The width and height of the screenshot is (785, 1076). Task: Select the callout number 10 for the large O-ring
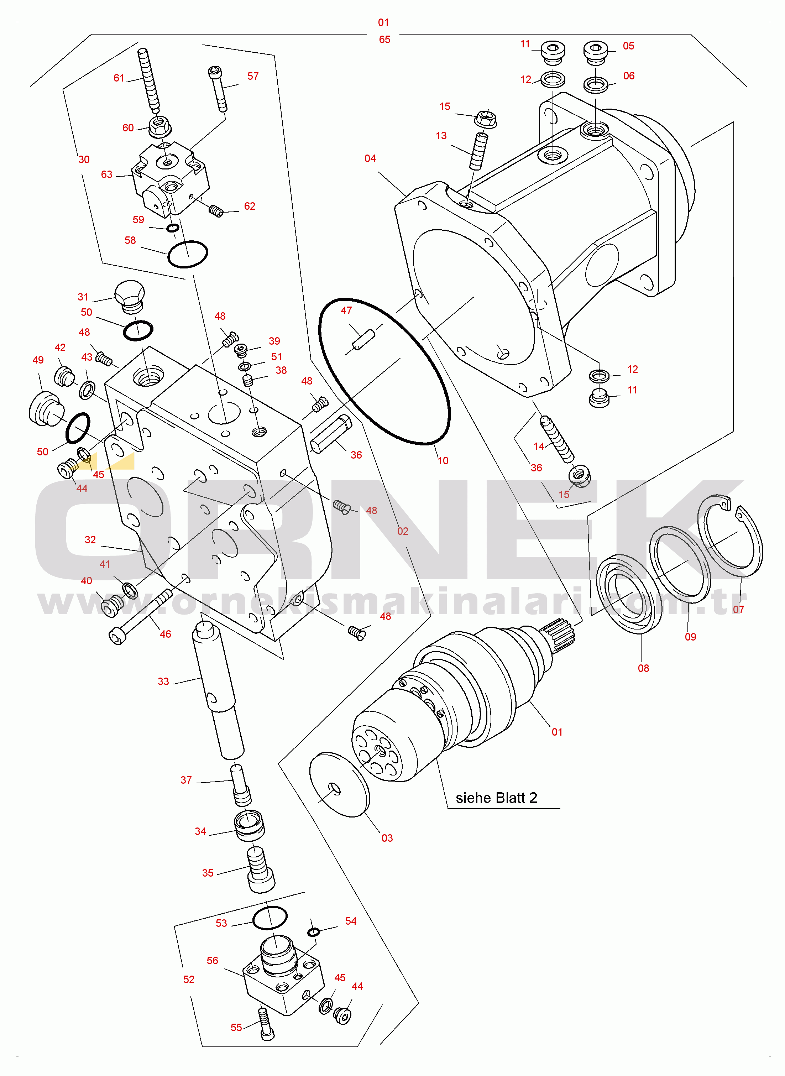pos(443,460)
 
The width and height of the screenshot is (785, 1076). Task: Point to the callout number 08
pos(643,668)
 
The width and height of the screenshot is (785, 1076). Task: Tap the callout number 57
pos(253,76)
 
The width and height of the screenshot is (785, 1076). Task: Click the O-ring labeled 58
pos(188,254)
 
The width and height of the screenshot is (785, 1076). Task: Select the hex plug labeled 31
pos(130,297)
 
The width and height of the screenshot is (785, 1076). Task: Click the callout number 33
pos(163,681)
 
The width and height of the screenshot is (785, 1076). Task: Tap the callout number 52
pos(189,980)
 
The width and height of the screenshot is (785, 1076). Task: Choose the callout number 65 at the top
pos(384,40)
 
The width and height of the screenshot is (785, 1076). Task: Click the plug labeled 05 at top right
pos(595,53)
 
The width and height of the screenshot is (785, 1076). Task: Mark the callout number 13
pos(441,136)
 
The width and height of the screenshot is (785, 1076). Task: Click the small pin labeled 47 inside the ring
pos(363,340)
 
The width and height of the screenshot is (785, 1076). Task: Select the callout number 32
pos(90,540)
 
